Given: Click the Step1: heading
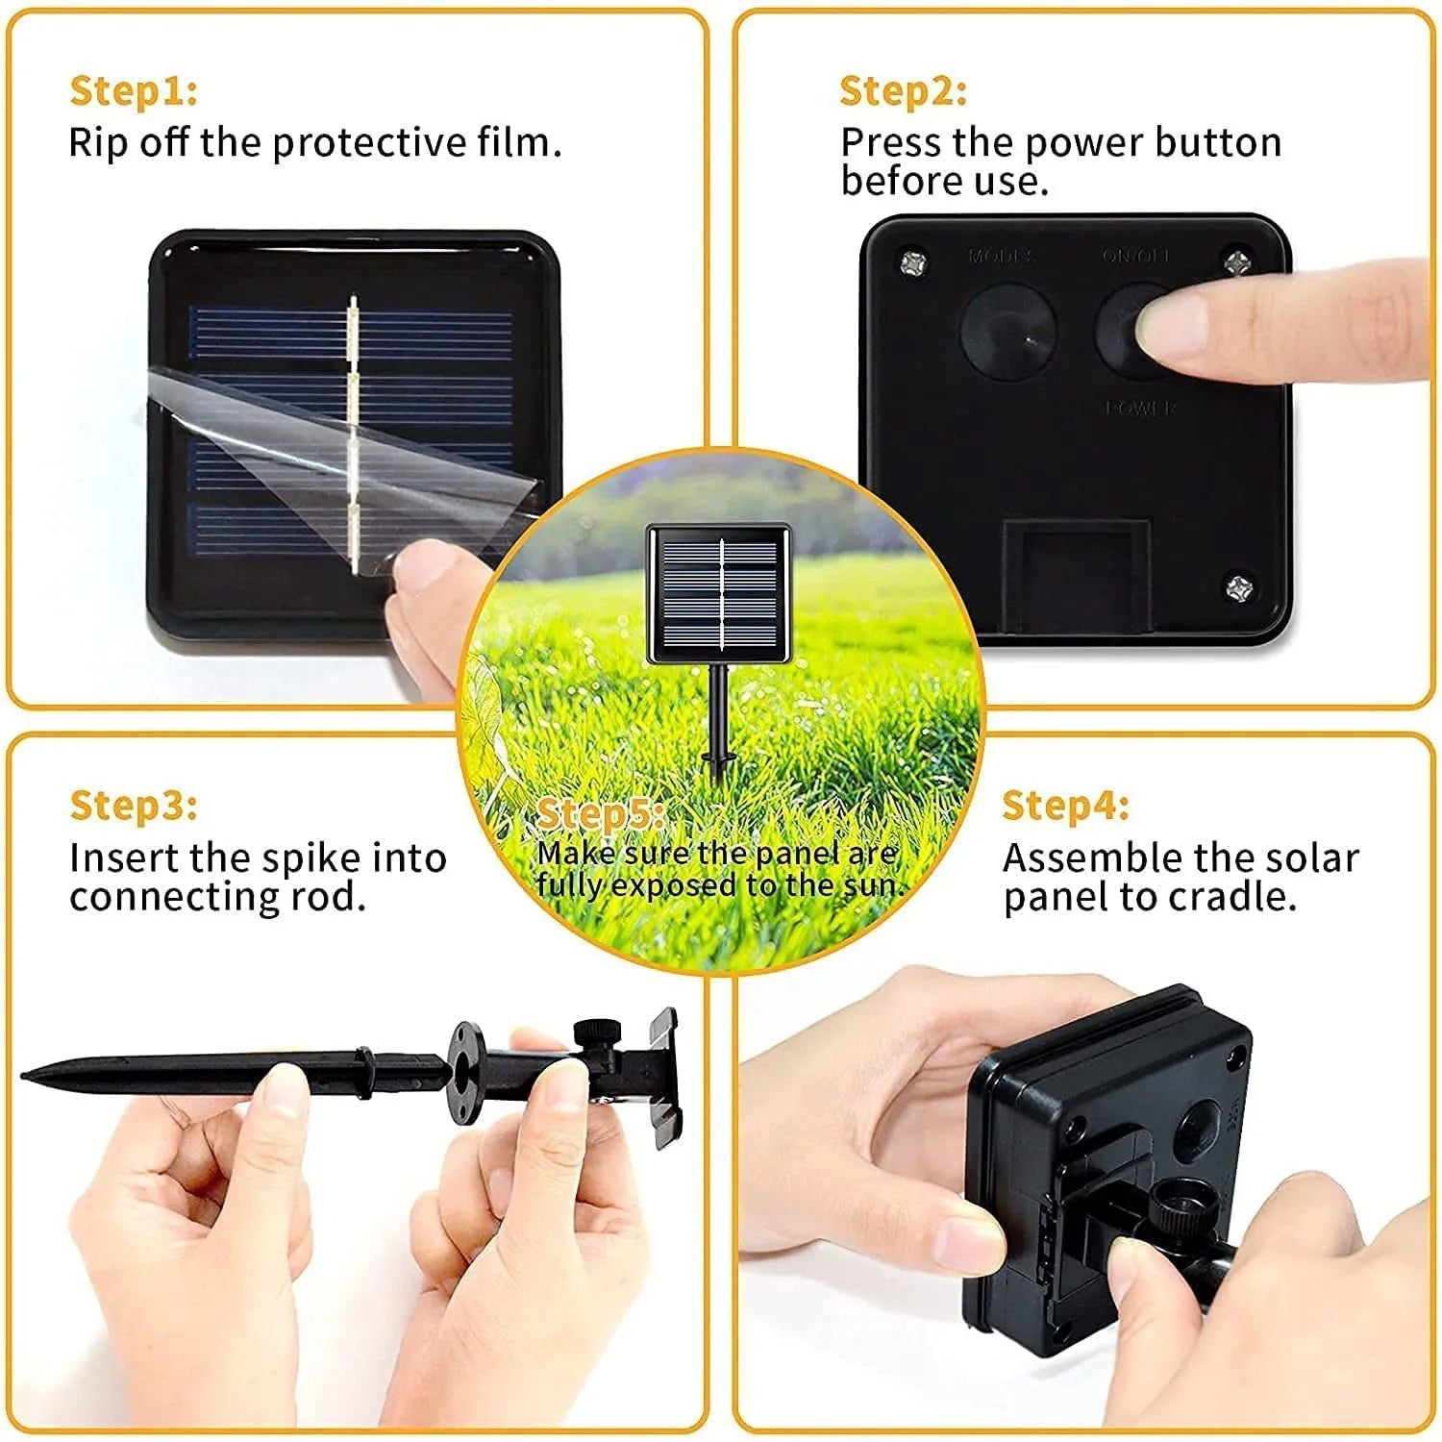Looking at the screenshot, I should tap(133, 91).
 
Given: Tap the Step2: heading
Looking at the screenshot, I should tap(903, 91).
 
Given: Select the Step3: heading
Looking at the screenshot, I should tap(133, 806).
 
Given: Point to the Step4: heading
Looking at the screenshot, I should tap(1065, 806).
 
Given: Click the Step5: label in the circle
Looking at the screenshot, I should tap(598, 814).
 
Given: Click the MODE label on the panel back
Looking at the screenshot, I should tap(1001, 257).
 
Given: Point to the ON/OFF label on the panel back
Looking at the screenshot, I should tap(1135, 257).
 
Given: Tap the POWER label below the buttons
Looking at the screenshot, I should tap(1141, 409).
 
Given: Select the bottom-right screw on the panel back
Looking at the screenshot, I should tap(1239, 585).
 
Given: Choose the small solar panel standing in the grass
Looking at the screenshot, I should tap(719, 594).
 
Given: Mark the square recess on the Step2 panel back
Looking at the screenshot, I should tap(1076, 575).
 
